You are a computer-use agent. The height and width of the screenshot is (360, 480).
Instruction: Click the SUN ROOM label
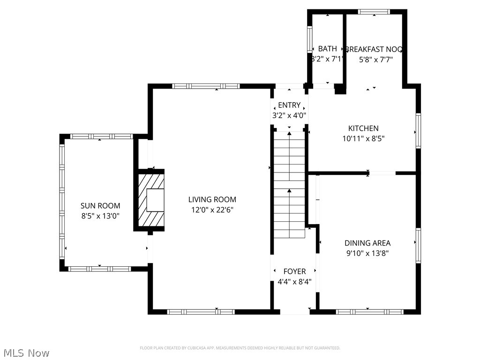100,205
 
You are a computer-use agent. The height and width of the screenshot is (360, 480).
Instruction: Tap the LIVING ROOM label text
212,199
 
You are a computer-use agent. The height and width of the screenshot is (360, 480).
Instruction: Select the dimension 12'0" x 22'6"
212,210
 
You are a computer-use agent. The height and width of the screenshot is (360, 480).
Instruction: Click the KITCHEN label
363,128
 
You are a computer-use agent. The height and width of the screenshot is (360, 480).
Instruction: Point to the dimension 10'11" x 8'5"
363,139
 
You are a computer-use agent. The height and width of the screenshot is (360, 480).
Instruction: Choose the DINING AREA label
367,243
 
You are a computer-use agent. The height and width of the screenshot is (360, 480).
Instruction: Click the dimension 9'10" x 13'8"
367,254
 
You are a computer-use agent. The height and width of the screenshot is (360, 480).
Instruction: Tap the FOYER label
294,271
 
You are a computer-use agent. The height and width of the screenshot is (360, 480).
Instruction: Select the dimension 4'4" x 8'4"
294,282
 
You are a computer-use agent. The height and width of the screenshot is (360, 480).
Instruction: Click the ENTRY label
289,105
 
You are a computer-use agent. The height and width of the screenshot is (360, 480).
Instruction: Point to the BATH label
327,49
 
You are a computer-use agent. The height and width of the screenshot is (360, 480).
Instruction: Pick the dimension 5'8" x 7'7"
375,60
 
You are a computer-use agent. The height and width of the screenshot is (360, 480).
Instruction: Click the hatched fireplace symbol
150,200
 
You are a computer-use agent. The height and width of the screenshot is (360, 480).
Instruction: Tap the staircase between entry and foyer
289,185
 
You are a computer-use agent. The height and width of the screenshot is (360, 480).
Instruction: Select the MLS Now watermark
26,352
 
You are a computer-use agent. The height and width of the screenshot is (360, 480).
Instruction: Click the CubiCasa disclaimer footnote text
240,348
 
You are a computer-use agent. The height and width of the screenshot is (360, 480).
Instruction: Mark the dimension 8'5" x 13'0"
100,216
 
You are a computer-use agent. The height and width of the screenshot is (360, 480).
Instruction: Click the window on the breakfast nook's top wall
374,12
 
